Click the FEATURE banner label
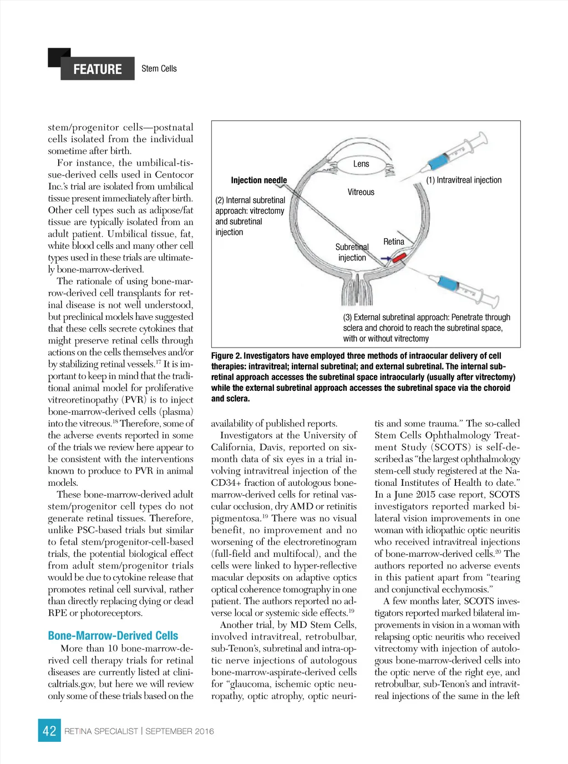point(97,69)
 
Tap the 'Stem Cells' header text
point(159,68)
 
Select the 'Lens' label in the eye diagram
point(361,164)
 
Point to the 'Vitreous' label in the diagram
point(361,192)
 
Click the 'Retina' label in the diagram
point(393,242)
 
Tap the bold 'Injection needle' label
point(258,180)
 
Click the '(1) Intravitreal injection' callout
point(464,180)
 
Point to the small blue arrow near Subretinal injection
point(386,258)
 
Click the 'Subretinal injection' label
point(352,252)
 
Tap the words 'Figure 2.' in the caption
point(226,356)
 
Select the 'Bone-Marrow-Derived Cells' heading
point(113,636)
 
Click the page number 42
point(49,731)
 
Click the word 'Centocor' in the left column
point(174,175)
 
